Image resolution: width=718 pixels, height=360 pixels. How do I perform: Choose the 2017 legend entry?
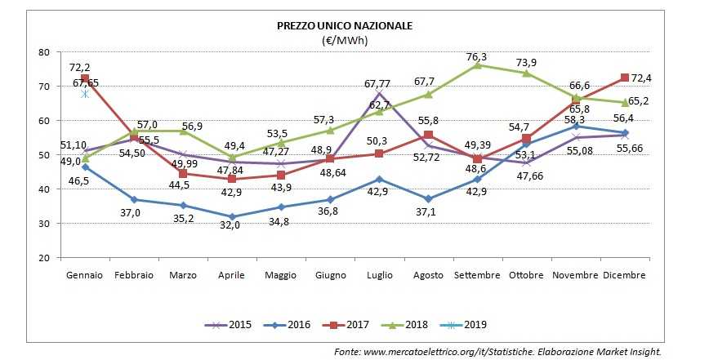point(386,324)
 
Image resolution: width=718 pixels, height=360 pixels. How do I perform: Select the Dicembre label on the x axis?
point(624,275)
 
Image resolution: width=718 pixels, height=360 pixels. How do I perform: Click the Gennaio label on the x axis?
point(85,275)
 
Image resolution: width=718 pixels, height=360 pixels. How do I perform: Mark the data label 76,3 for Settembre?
point(476,56)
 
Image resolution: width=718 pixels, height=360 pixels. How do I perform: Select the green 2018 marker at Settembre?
point(476,64)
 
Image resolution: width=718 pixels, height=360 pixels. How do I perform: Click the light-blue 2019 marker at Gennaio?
point(84,94)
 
